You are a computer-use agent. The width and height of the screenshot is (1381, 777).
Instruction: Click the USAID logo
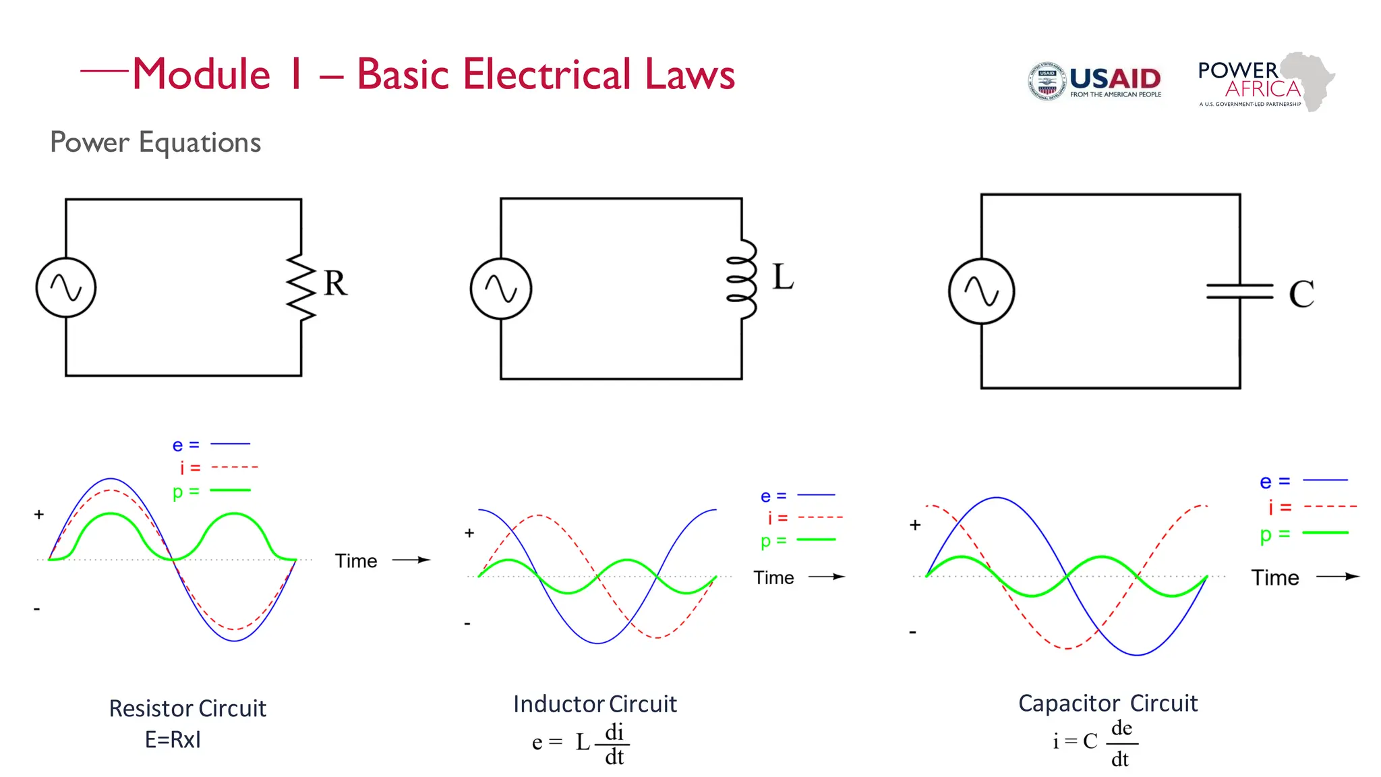tap(1094, 82)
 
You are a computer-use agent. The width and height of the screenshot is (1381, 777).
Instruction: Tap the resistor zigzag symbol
tap(301, 287)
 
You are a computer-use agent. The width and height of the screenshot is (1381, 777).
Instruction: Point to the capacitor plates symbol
tap(1239, 291)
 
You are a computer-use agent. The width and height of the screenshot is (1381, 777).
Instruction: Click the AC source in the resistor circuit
tap(66, 287)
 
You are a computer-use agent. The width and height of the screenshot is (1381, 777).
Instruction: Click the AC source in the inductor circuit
tap(501, 289)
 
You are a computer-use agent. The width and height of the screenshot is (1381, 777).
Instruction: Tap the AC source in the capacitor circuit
tap(981, 291)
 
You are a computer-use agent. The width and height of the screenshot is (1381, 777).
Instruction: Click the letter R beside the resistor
tap(335, 283)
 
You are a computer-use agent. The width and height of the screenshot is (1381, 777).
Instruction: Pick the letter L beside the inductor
tap(783, 277)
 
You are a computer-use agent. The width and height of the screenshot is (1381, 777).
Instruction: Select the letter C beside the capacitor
tap(1301, 294)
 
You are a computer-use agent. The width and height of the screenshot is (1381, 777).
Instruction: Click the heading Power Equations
tap(156, 142)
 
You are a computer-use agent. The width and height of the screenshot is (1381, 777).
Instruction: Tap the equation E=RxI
tap(173, 740)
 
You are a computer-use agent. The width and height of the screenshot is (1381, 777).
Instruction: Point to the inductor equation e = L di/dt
tap(580, 743)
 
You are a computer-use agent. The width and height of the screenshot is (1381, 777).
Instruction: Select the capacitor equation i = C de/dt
tap(1095, 743)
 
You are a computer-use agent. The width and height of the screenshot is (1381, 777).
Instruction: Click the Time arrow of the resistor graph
tap(411, 560)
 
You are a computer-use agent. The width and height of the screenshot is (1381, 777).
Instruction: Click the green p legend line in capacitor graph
tap(1325, 533)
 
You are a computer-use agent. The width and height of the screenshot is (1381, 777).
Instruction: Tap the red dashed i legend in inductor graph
tap(820, 517)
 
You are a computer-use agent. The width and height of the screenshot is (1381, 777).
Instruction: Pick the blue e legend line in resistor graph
tap(230, 444)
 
